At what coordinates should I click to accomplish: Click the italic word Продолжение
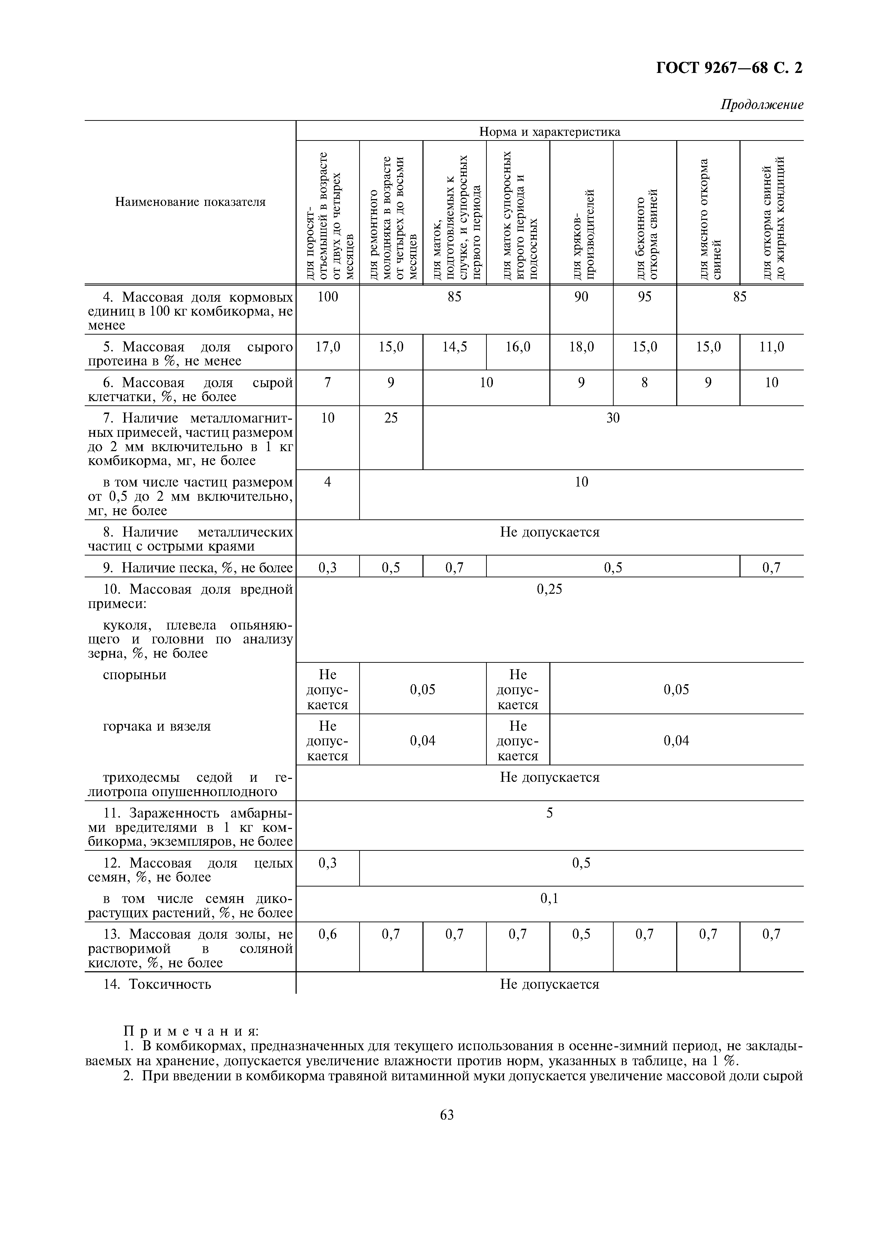762,105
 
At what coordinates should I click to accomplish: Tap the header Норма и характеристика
549,132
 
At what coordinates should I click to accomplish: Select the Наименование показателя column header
190,202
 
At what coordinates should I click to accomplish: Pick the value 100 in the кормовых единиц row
327,297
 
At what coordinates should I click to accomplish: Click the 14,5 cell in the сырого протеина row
454,347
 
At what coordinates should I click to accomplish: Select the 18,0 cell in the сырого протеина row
581,347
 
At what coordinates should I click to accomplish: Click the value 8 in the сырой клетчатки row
645,383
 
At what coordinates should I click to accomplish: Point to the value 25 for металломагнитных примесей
391,418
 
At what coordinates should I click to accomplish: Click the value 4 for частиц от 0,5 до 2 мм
327,482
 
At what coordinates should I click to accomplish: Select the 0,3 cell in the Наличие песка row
327,568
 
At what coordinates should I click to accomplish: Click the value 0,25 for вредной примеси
549,589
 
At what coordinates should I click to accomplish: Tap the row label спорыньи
135,675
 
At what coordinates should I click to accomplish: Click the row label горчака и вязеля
157,726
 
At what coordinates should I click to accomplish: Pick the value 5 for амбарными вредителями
549,813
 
